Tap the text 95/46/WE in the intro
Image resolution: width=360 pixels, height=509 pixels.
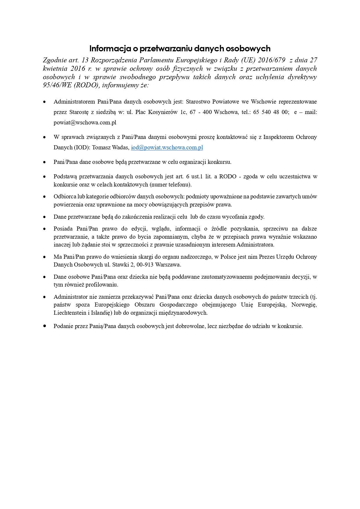(55, 85)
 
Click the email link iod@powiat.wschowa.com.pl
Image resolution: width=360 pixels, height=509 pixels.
(167, 147)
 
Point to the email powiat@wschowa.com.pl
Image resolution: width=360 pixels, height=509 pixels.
(85, 122)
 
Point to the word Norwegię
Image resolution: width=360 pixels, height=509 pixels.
(304, 305)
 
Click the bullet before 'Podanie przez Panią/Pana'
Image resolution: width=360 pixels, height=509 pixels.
(45, 326)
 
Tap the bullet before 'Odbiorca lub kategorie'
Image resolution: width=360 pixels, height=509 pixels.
(45, 197)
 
